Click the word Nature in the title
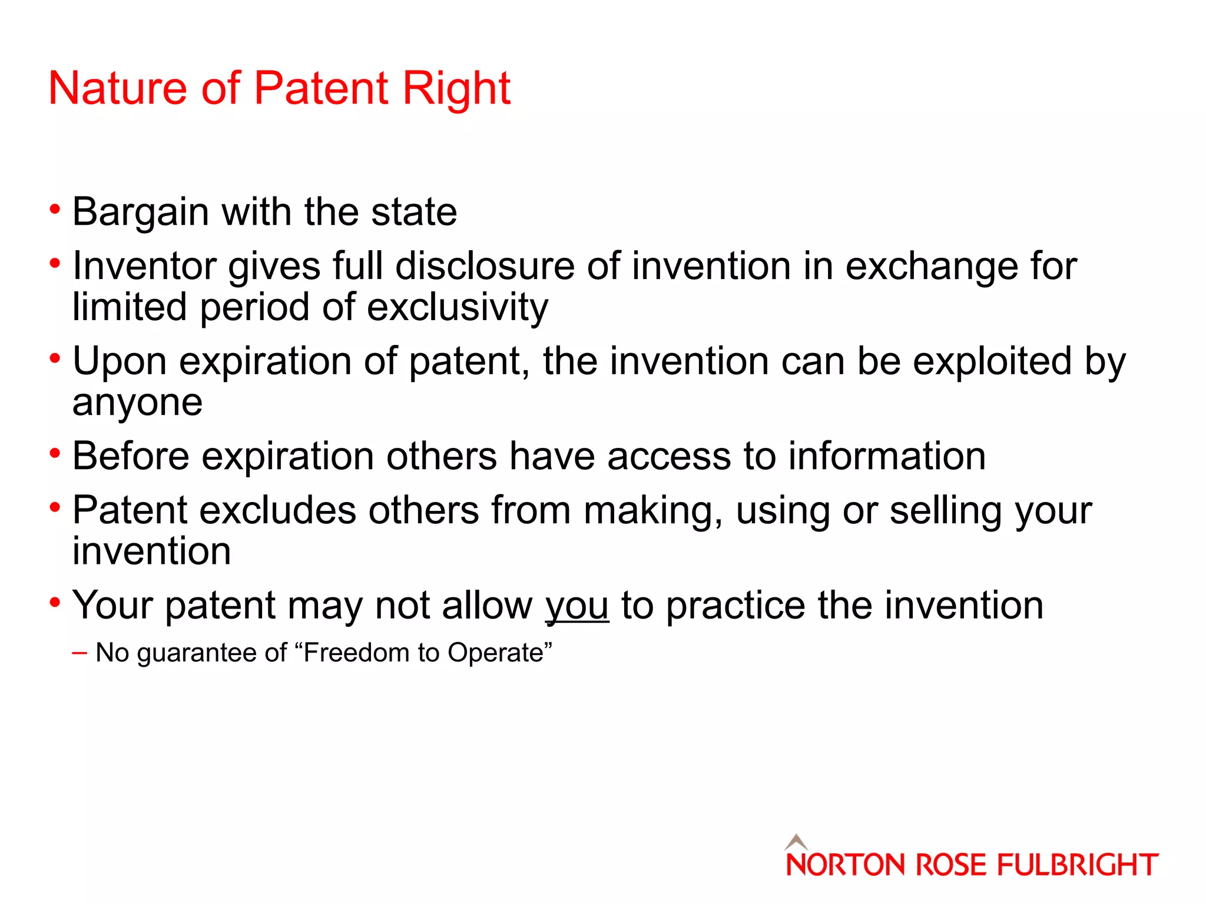[117, 88]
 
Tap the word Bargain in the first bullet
[140, 213]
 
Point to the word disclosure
[485, 266]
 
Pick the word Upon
[120, 362]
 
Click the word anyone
[137, 404]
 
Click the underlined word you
[577, 607]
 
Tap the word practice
[735, 606]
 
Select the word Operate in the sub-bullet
[495, 653]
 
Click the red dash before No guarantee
[79, 653]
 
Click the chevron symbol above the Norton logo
[796, 841]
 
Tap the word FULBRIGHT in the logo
[1077, 865]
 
